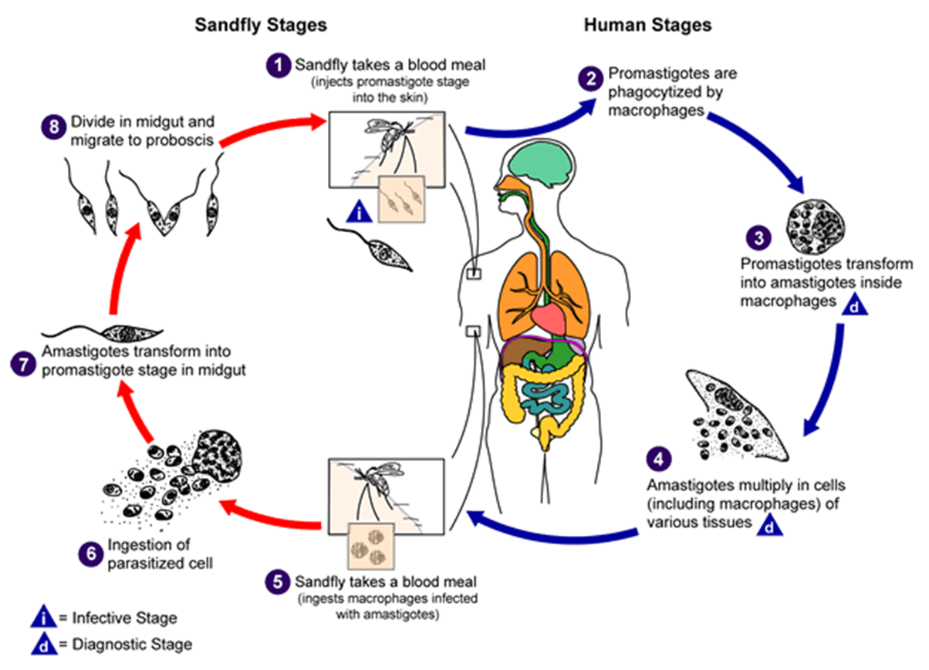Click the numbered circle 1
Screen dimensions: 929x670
pos(279,66)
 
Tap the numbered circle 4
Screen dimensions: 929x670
pos(659,459)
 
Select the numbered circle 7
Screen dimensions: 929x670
pos(23,364)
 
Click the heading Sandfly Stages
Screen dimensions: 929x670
pos(261,25)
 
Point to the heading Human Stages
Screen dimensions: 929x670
pos(648,25)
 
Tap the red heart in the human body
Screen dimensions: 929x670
pos(549,320)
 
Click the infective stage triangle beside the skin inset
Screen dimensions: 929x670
pos(359,212)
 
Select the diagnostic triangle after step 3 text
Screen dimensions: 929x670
pos(854,305)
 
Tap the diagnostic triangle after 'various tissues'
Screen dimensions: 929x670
pos(770,525)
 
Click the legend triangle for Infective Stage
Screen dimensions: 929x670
pos(43,617)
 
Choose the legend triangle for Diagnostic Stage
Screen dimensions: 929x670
pos(44,644)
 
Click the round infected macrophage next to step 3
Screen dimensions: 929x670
pos(816,227)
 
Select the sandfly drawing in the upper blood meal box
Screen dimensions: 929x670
pos(389,139)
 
